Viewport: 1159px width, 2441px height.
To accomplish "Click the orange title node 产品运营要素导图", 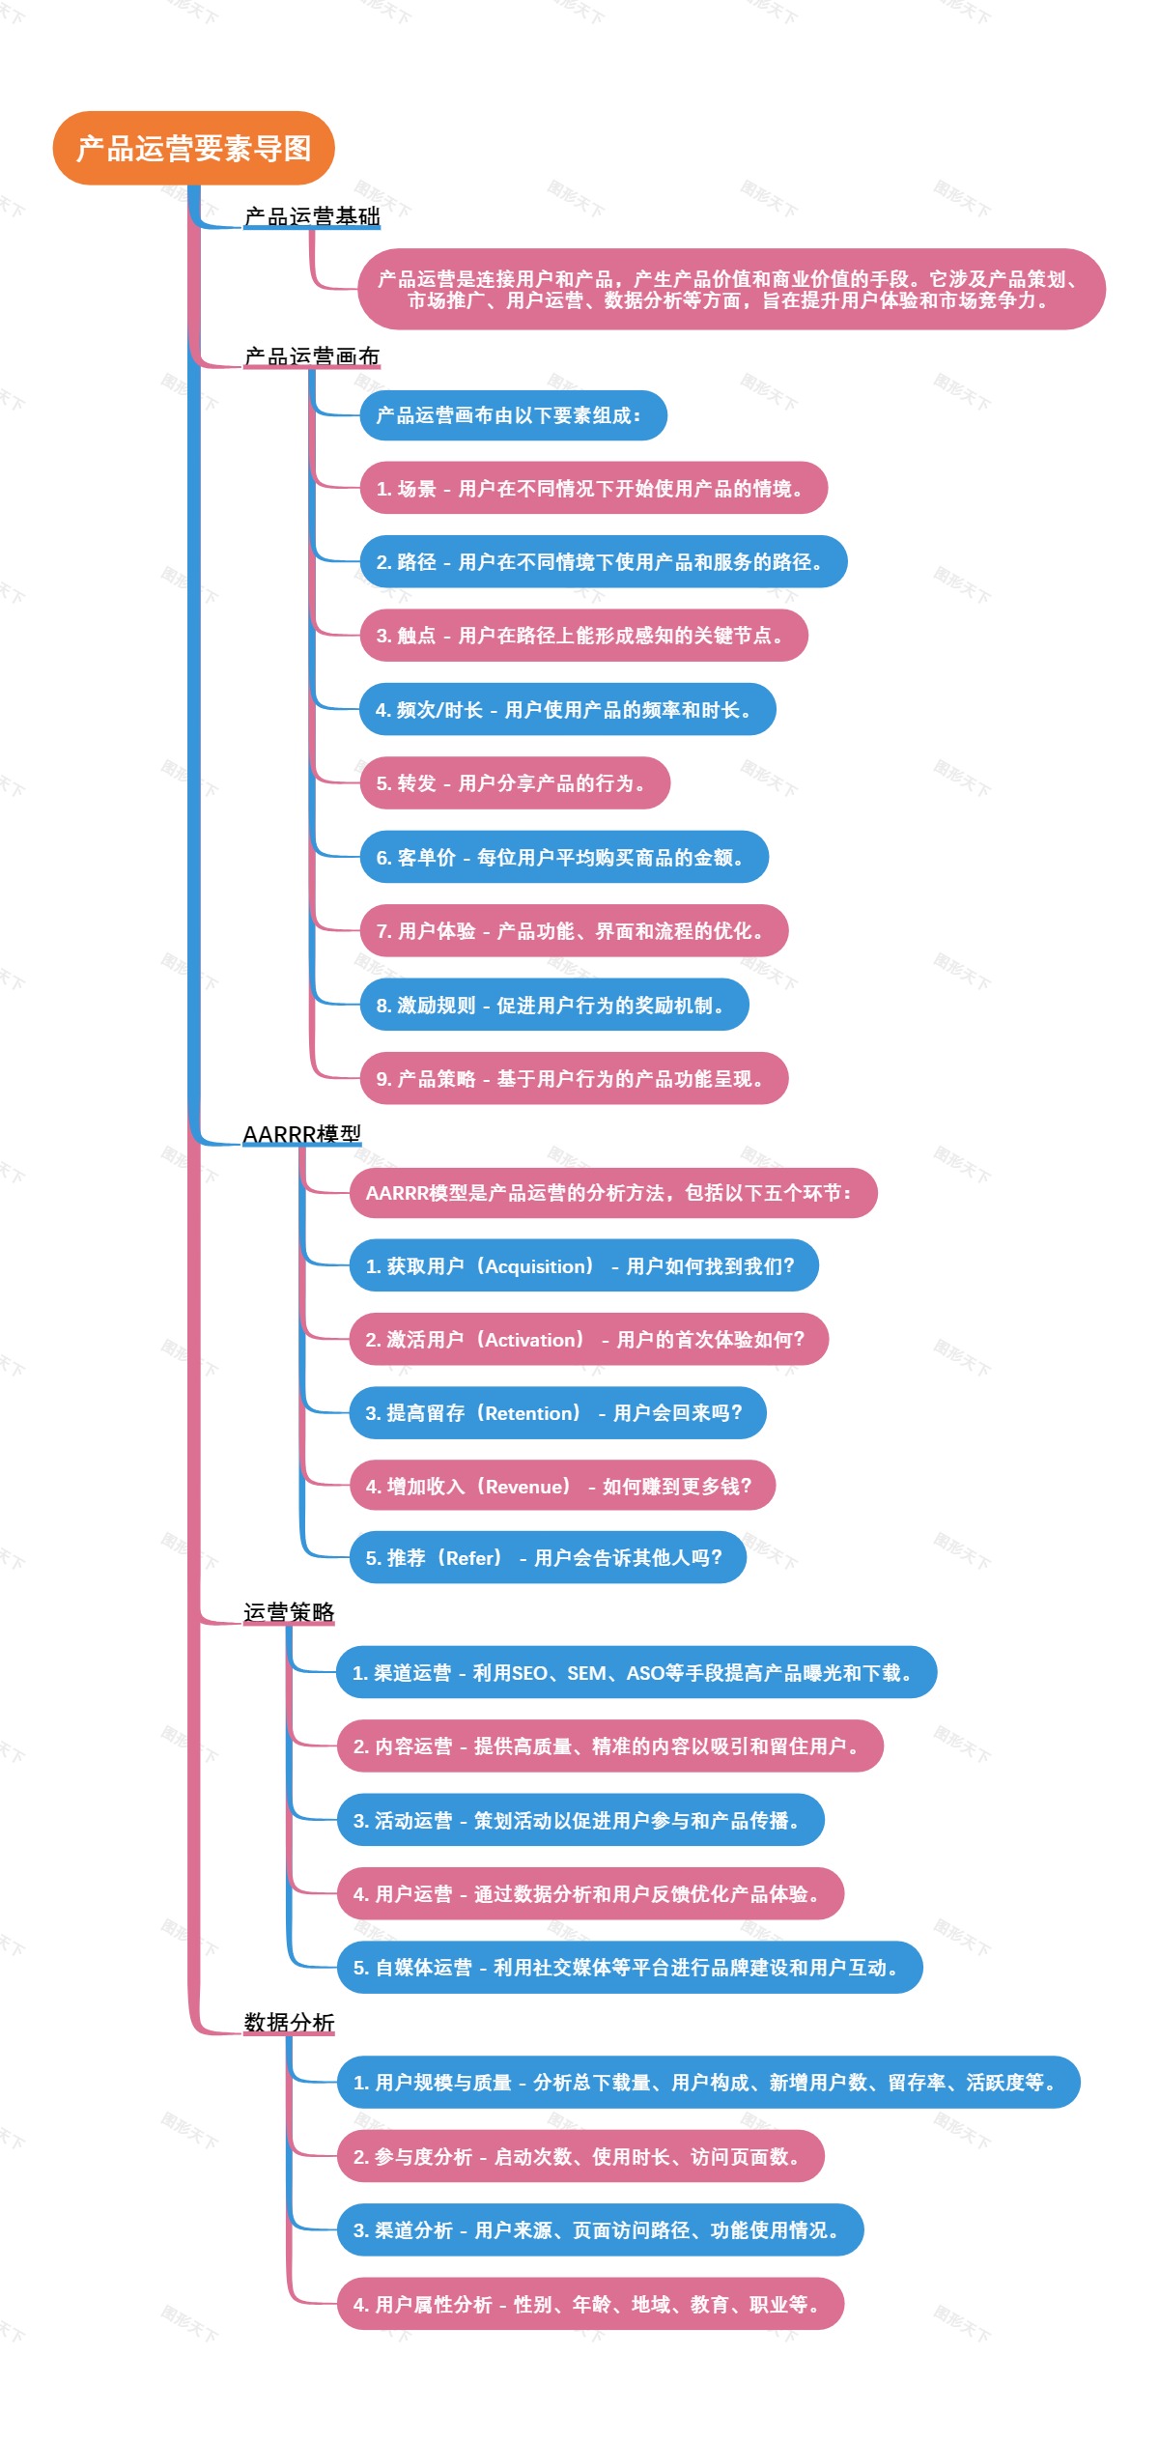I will tap(193, 148).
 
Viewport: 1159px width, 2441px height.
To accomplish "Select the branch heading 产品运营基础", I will tap(312, 216).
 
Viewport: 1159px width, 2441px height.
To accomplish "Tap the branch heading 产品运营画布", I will tap(312, 356).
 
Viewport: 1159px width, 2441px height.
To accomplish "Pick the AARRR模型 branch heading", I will tap(301, 1134).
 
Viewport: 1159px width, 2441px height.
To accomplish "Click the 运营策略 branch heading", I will tap(289, 1612).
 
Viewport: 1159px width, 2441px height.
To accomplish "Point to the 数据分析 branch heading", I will tap(289, 2023).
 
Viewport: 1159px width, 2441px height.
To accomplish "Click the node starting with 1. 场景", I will tap(593, 489).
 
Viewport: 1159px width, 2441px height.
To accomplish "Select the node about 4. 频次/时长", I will tap(567, 710).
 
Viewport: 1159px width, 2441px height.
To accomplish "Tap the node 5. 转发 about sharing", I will tap(514, 783).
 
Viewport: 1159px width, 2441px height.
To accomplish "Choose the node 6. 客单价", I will tap(563, 858).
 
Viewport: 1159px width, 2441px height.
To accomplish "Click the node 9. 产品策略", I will tap(573, 1079).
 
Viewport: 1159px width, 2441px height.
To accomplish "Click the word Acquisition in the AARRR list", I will tap(536, 1266).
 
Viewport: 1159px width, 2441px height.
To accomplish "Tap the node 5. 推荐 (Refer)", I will tap(547, 1558).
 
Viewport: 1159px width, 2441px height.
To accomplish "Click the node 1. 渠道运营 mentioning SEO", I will tap(636, 1673).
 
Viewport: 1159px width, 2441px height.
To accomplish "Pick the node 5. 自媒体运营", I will tap(629, 1968).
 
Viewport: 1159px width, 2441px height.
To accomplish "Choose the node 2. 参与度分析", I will tap(579, 2157).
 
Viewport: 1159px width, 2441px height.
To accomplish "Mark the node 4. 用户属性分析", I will tap(589, 2305).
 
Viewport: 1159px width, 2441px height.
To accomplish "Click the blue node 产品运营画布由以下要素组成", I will tap(512, 415).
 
